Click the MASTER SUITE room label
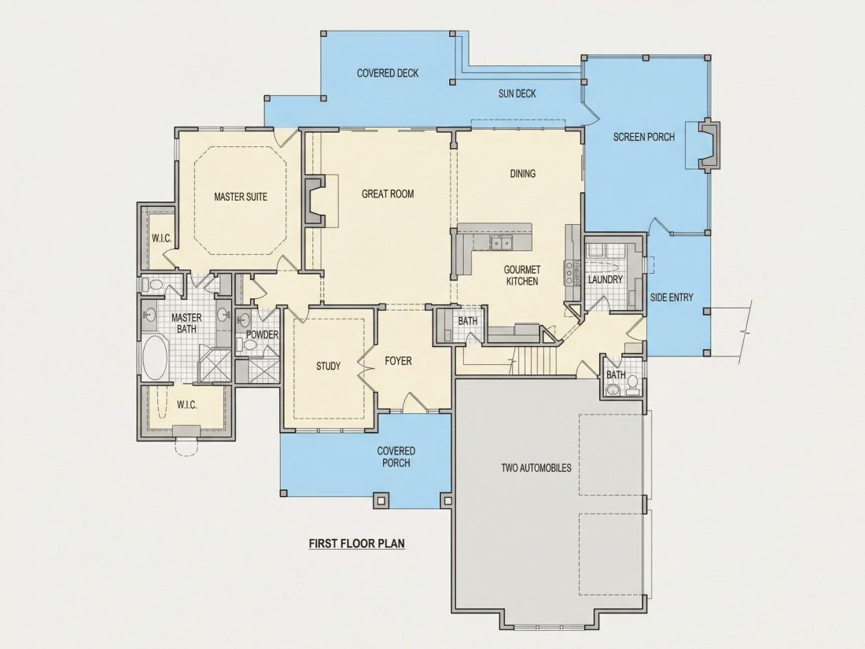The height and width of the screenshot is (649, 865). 241,197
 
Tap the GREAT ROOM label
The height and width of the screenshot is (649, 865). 388,194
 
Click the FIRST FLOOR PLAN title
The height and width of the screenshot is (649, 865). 357,543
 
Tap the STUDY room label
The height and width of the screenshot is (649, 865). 328,366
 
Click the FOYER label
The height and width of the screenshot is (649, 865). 399,361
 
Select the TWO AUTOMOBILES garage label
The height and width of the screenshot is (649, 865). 536,468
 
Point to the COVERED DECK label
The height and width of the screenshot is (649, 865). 388,73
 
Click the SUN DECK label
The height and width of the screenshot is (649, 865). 517,94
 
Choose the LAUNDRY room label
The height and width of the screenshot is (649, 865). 605,280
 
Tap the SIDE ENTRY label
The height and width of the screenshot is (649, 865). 672,297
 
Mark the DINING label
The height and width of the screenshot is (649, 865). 522,173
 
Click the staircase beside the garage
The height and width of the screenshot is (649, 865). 535,360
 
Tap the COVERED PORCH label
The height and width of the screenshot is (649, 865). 396,457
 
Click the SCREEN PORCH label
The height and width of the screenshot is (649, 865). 644,136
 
